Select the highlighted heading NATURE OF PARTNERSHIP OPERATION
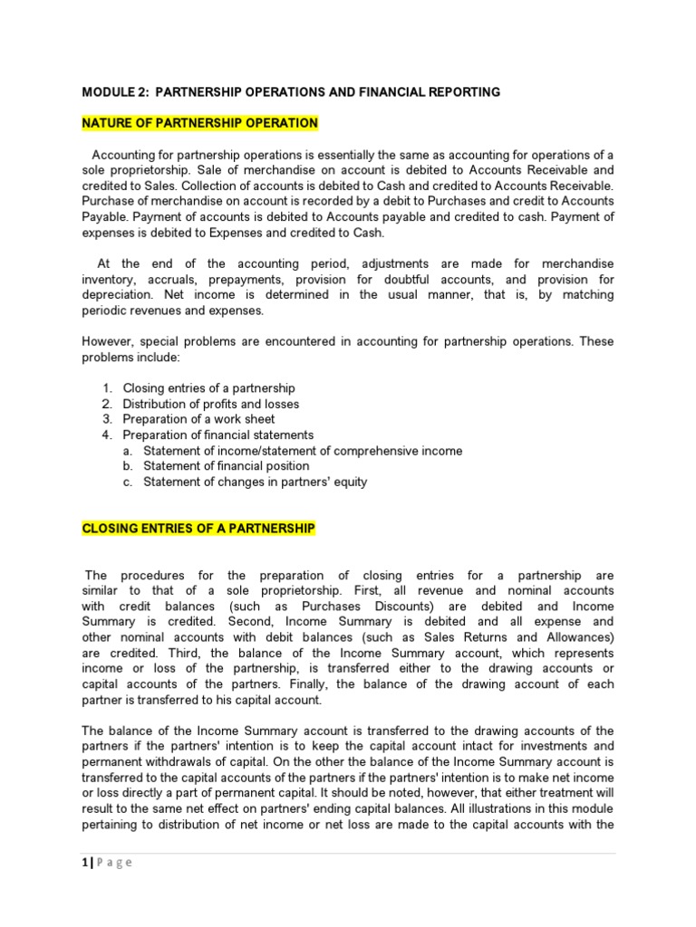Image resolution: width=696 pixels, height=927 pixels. pyautogui.click(x=200, y=123)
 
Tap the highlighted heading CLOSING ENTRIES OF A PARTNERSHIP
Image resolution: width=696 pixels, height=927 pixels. pyautogui.click(x=198, y=529)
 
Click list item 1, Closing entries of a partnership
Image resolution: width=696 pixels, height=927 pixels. pyautogui.click(x=208, y=388)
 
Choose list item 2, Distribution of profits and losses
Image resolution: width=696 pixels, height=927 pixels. pyautogui.click(x=210, y=404)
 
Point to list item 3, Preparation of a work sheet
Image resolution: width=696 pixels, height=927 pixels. pyautogui.click(x=198, y=419)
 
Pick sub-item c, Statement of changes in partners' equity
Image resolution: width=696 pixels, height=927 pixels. pyautogui.click(x=256, y=482)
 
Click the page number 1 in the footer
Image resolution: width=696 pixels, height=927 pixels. pyautogui.click(x=84, y=862)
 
